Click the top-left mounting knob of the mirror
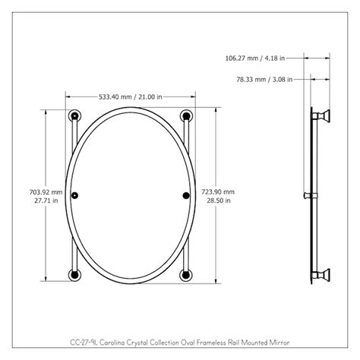(x=74, y=116)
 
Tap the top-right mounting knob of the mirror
(x=185, y=116)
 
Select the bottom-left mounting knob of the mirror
(x=74, y=274)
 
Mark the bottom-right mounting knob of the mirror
(x=185, y=274)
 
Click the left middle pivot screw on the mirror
(x=74, y=196)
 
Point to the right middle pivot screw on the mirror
(x=185, y=196)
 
